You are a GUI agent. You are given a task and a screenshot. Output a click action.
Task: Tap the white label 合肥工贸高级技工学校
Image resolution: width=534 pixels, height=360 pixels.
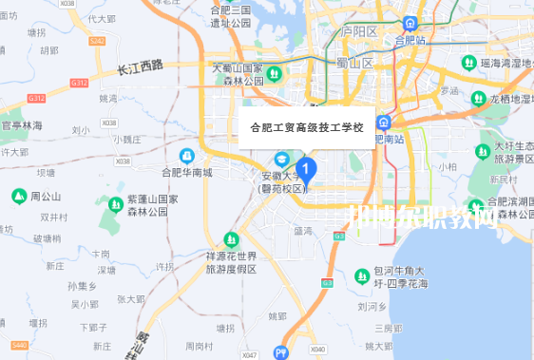click(306, 126)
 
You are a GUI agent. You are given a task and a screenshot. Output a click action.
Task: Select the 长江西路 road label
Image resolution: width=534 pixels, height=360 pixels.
click(141, 67)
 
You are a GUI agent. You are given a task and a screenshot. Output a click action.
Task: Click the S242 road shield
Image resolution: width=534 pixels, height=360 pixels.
click(97, 41)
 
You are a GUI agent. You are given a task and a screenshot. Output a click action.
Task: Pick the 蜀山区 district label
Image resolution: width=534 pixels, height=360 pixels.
click(354, 63)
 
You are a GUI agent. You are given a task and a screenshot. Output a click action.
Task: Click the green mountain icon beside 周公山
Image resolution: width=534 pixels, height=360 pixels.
click(17, 196)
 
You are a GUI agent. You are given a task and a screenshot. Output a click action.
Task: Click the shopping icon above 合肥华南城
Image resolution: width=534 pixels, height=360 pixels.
click(186, 155)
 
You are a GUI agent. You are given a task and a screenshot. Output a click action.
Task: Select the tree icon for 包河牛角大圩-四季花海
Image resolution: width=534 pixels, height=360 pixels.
click(362, 275)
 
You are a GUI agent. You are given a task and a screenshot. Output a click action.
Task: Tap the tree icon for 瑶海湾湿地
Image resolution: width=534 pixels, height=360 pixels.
click(467, 63)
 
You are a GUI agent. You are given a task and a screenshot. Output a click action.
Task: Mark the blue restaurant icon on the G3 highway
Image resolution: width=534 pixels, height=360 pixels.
click(280, 351)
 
